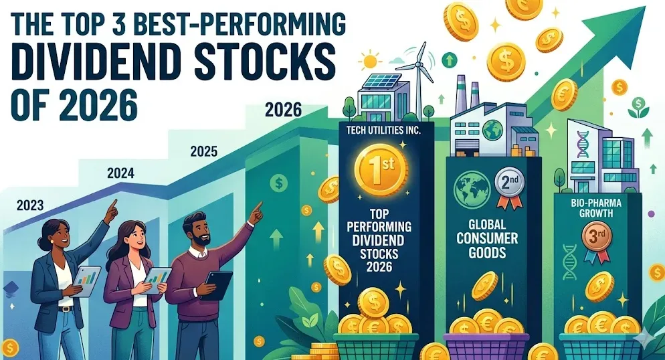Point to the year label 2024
tap(120, 173)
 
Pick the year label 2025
tap(203, 151)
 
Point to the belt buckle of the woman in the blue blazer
tap(64, 308)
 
